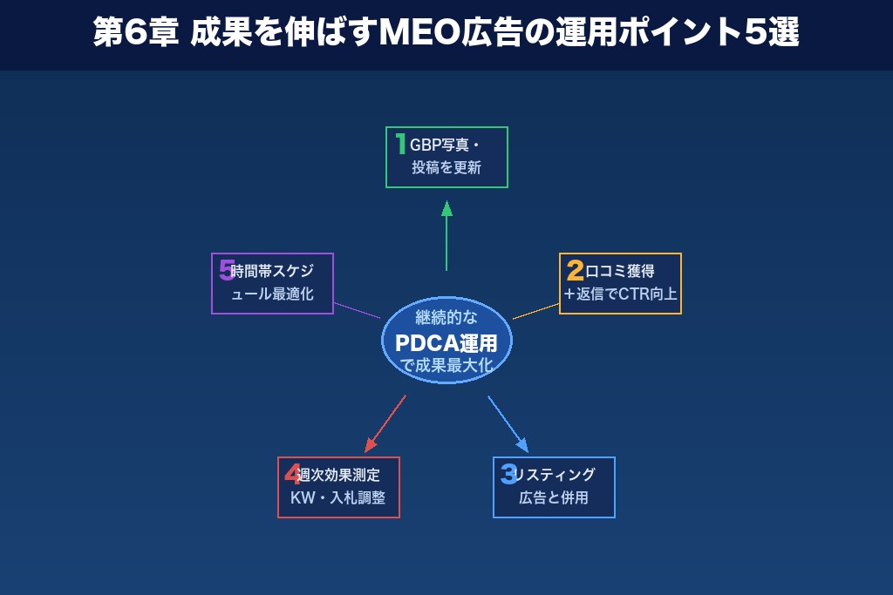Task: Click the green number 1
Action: [x=400, y=144]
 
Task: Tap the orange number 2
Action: [x=575, y=270]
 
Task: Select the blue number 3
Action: [x=508, y=474]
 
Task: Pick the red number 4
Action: [x=292, y=474]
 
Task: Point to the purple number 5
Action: [x=227, y=269]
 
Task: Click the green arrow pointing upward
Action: [x=446, y=235]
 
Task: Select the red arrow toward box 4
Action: [x=385, y=424]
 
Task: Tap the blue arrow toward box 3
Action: [x=508, y=424]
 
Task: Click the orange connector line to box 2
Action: [x=535, y=311]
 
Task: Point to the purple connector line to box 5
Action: [x=358, y=310]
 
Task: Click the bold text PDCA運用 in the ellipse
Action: [x=446, y=342]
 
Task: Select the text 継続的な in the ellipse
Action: [x=446, y=318]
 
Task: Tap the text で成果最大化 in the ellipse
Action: [x=446, y=366]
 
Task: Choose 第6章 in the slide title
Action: [x=134, y=34]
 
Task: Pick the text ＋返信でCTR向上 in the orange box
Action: [x=620, y=294]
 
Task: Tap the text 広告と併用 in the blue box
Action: [x=554, y=498]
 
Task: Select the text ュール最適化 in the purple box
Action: [x=272, y=294]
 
